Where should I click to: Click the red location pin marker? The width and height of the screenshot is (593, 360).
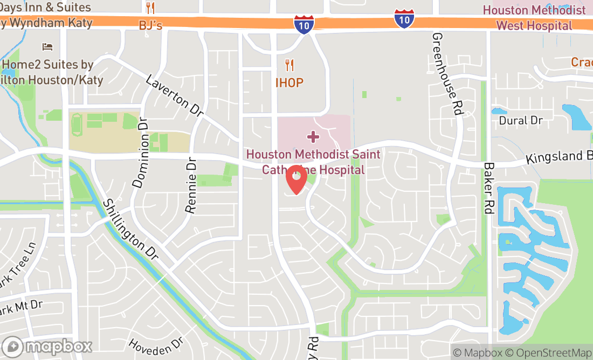[x=296, y=179]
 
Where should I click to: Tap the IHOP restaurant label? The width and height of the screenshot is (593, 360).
[x=289, y=83]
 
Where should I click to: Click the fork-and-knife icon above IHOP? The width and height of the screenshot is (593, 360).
[x=290, y=66]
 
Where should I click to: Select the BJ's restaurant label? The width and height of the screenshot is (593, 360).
[x=150, y=25]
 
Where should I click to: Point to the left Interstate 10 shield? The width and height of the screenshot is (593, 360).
[x=304, y=25]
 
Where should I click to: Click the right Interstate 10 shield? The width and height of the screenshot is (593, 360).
[x=404, y=18]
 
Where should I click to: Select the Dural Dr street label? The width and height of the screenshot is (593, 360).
[x=520, y=120]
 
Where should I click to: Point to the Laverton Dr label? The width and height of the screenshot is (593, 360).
[x=174, y=95]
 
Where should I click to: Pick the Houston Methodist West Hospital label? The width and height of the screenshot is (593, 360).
[x=534, y=18]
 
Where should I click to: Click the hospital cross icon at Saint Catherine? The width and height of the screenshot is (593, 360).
[x=312, y=136]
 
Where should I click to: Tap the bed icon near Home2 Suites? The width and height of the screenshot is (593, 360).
[x=48, y=47]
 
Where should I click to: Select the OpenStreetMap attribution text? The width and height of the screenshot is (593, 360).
[x=552, y=353]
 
